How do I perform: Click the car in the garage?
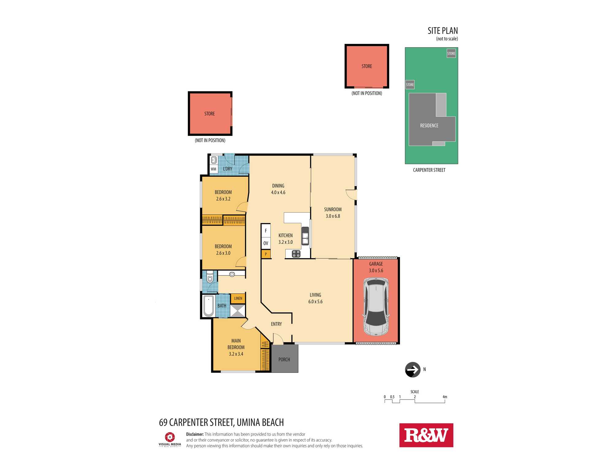coord(376,307)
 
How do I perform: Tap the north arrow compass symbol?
coord(413,370)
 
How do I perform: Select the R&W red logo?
coord(426,435)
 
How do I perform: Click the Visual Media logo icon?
coord(170,437)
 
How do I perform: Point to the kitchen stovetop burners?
coord(296,254)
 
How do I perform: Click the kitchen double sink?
coord(305,236)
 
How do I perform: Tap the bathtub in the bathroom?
coord(208,306)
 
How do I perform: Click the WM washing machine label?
coord(213,169)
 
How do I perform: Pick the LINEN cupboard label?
coord(238,298)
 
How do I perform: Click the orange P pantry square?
coord(266,254)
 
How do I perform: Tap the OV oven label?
coord(266,243)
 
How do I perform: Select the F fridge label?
coord(266,231)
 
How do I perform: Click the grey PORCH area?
coord(284,359)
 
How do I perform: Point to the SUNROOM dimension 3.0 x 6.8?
coord(333,216)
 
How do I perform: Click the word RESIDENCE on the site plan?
coord(429,126)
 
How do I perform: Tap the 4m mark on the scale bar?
coord(445,397)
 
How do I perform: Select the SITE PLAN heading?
coord(443,31)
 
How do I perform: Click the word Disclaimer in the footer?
coord(195,434)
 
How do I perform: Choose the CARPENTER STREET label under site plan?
coord(429,170)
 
